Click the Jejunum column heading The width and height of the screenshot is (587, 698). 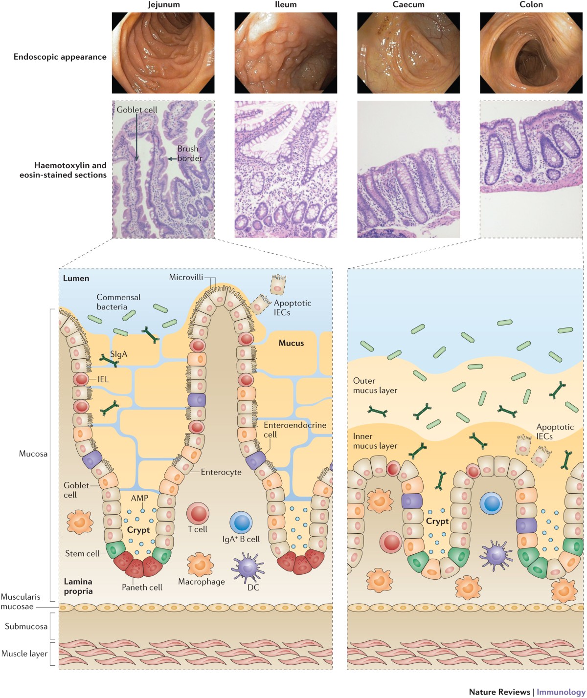click(x=163, y=5)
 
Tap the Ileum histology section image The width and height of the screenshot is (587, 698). click(x=286, y=169)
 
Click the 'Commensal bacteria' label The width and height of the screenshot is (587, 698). click(x=118, y=302)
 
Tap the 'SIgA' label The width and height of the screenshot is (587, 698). click(x=119, y=354)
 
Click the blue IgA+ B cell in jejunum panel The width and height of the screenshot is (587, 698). click(x=241, y=523)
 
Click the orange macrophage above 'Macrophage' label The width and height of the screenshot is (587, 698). click(x=200, y=564)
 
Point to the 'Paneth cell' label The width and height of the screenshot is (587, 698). click(x=142, y=587)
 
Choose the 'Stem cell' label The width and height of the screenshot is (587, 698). click(x=82, y=553)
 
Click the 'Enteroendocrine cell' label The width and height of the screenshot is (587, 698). click(x=294, y=430)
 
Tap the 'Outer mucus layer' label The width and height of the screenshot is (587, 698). click(x=375, y=385)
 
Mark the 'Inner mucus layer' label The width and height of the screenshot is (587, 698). click(x=375, y=441)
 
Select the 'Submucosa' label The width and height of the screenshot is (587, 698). click(x=26, y=626)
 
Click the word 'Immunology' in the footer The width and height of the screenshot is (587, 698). click(x=560, y=692)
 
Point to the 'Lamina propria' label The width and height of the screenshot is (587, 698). click(x=78, y=586)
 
